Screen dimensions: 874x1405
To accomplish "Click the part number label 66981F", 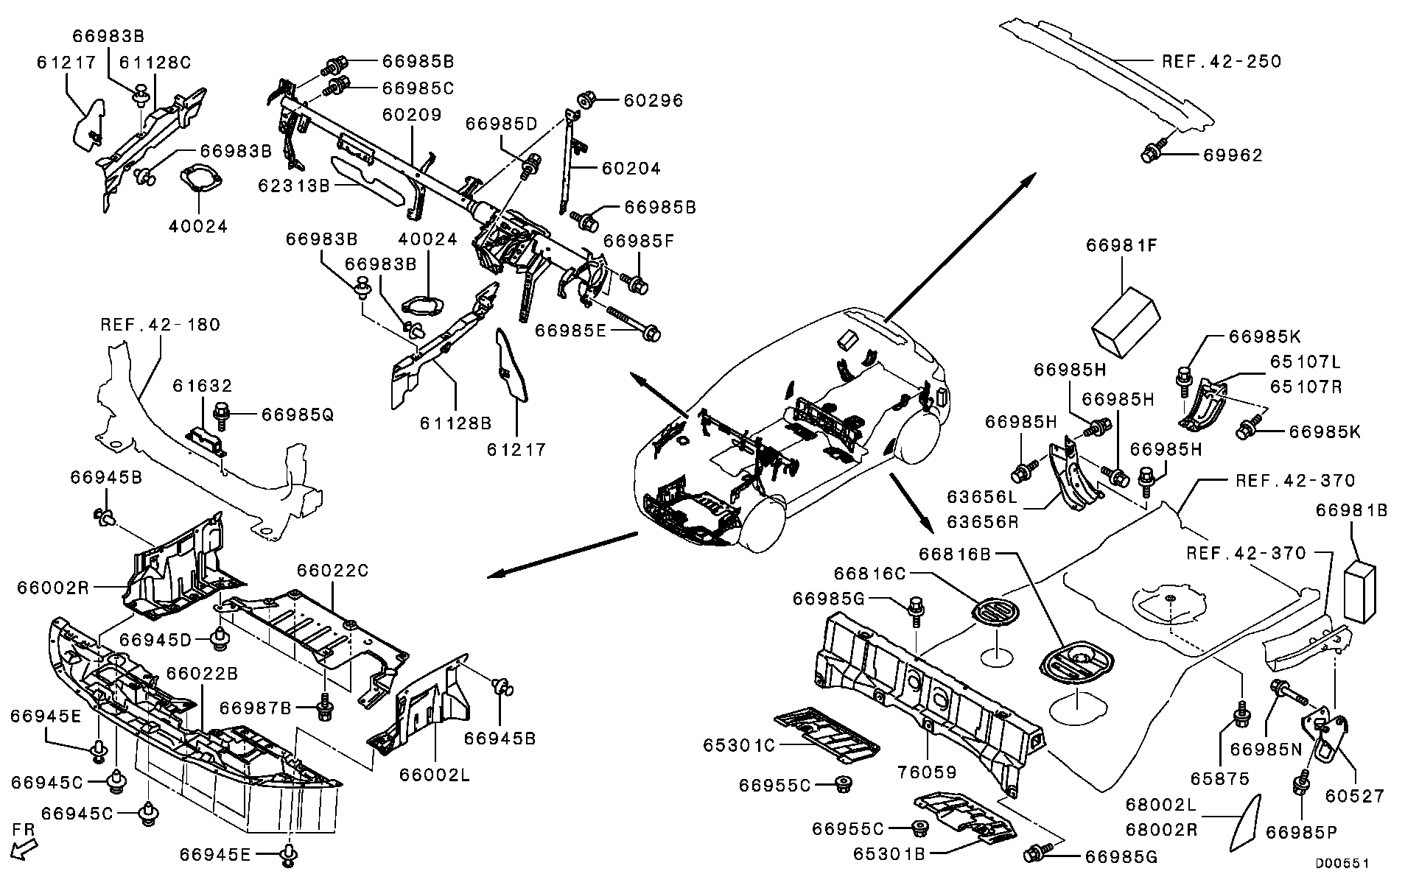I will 1121,245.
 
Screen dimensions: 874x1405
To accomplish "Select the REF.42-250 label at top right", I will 1222,61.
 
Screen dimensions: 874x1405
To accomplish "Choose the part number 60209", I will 411,115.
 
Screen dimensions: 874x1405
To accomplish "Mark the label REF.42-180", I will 160,325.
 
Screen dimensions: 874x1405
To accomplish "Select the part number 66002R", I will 53,588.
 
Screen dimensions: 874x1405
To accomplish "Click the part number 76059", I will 927,772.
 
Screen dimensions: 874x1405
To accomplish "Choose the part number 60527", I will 1354,795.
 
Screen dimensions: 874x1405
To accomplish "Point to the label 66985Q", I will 297,415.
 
